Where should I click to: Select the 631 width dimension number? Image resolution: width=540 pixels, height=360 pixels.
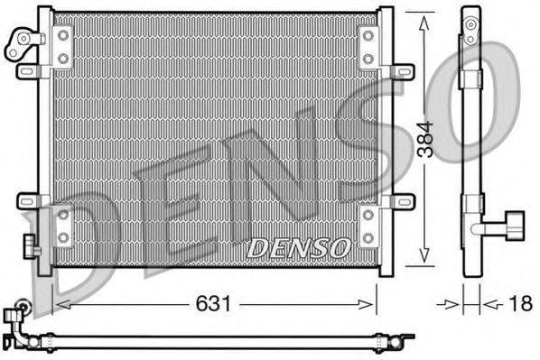[213, 305]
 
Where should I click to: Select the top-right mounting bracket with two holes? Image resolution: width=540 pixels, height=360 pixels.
[368, 46]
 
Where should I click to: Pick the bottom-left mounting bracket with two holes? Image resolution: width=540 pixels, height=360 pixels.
[62, 225]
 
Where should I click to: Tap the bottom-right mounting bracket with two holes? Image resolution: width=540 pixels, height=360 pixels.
[368, 225]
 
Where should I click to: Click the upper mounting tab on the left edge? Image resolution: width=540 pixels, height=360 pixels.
[29, 70]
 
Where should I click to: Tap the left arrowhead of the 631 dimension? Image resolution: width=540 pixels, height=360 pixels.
[60, 304]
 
